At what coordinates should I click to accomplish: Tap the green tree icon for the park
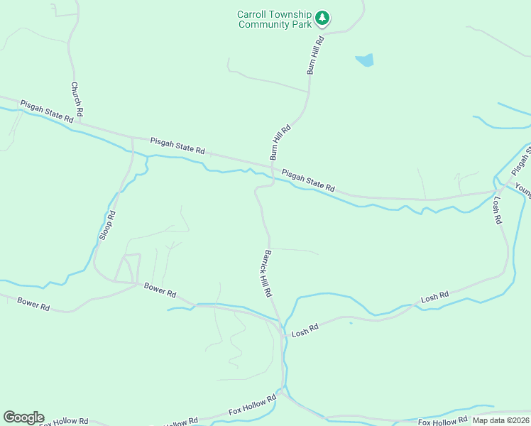coord(322,17)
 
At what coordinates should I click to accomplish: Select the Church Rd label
coord(77,99)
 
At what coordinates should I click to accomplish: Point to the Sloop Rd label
coord(106,224)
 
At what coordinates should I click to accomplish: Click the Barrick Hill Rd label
coord(267,273)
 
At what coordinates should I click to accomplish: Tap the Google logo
coord(23,417)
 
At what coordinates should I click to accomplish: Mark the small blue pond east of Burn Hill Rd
coord(365,60)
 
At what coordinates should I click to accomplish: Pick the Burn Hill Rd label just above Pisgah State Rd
coord(280,143)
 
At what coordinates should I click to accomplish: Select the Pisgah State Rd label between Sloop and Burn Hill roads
coord(177,146)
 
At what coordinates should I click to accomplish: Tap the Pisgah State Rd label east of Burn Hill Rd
coord(308,180)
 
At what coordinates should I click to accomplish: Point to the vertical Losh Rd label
coord(496,211)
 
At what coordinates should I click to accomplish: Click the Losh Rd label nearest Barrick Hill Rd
coord(305,328)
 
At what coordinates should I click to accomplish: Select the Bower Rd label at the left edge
coord(33,303)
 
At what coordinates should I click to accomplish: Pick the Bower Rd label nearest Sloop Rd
coord(160,290)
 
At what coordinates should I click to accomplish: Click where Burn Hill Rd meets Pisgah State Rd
coord(273,167)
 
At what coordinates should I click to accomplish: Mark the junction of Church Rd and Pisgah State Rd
coord(79,121)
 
